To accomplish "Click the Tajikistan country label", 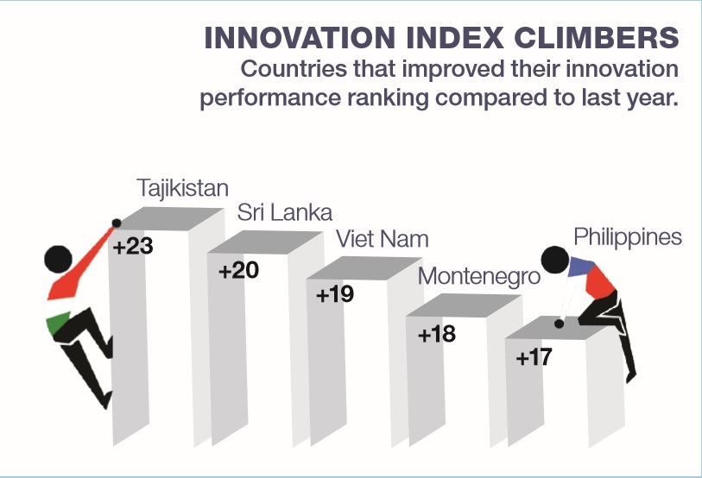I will point(183,187).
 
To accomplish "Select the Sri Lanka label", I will point(285,212).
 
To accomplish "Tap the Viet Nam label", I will point(382,238).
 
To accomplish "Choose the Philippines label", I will point(628,236).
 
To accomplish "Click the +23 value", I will point(133,246).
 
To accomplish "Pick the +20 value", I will point(238,271).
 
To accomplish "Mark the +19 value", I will point(335,295).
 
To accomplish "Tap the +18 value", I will point(436,334).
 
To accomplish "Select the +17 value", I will point(534,356).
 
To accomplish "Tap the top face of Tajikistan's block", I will point(169,218).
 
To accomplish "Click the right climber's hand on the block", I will point(560,324).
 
